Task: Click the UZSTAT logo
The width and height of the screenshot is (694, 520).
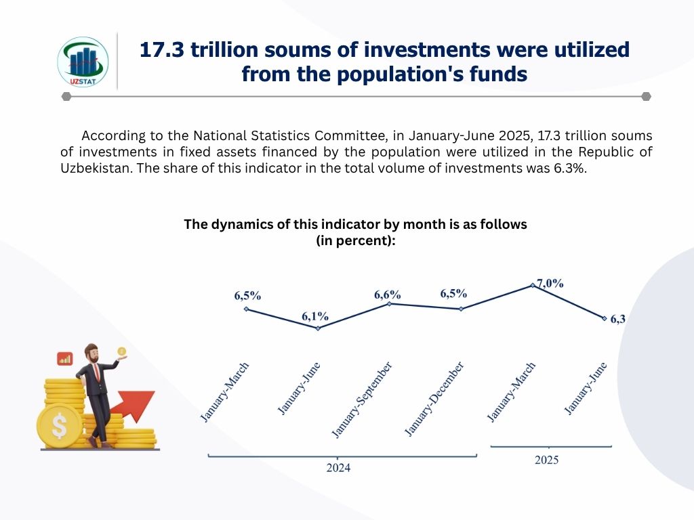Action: [x=82, y=62]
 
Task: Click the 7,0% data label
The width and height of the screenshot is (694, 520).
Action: [x=550, y=283]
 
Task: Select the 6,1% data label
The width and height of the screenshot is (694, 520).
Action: [x=315, y=316]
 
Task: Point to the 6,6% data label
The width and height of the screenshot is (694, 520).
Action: [x=388, y=295]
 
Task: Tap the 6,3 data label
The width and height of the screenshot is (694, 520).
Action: [x=617, y=320]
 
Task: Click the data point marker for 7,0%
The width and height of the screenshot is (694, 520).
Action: [x=533, y=286]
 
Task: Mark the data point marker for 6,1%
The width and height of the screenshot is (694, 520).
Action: [x=318, y=328]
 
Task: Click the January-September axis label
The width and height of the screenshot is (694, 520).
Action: [x=361, y=399]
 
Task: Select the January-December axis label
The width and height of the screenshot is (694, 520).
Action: [x=434, y=399]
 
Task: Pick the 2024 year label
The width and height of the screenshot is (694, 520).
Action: [x=338, y=468]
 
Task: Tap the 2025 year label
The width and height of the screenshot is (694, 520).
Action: [x=546, y=460]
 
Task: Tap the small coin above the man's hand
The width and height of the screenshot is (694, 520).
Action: [x=122, y=352]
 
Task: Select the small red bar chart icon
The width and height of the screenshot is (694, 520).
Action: [x=65, y=358]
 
